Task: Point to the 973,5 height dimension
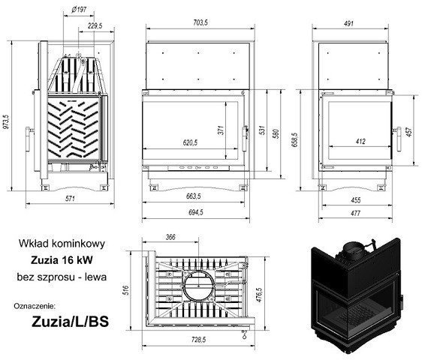[6, 117]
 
